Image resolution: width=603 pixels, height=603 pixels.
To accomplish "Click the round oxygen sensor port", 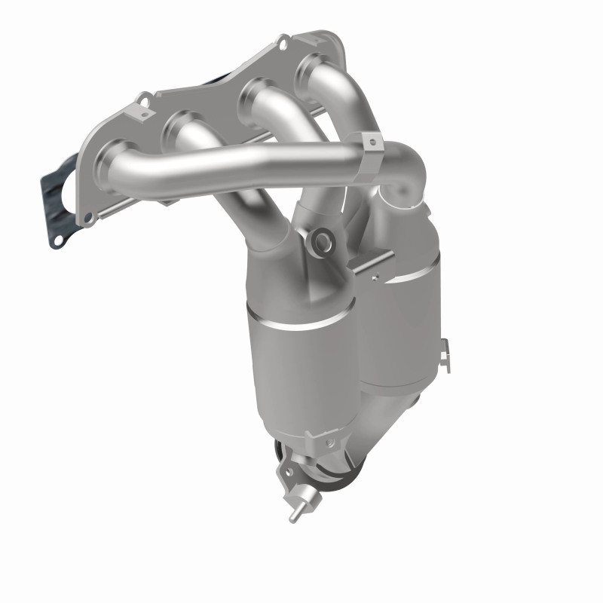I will point(324,242).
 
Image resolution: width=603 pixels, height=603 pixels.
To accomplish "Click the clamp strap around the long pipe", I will point(372,159).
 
